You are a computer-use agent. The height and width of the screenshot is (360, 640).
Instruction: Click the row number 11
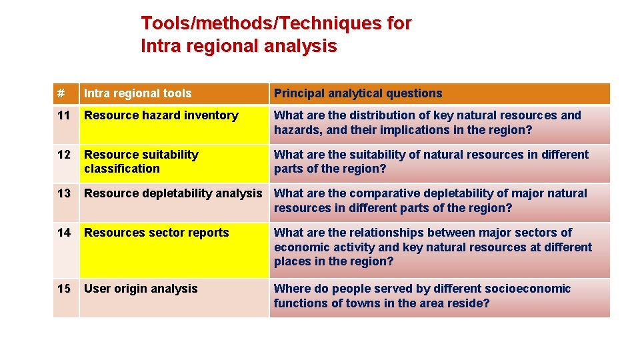tap(64, 115)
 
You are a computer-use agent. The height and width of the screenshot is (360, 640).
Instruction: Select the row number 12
tap(64, 155)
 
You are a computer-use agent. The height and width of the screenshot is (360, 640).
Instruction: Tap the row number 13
tap(64, 193)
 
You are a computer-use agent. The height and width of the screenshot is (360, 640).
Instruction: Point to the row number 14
tap(64, 233)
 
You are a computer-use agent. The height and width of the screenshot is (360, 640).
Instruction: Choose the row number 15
tap(64, 289)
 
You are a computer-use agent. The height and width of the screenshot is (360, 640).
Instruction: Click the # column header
tap(61, 93)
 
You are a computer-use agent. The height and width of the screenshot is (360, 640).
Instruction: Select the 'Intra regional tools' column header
tap(137, 93)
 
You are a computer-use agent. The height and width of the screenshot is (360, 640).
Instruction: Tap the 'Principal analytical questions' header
tap(358, 93)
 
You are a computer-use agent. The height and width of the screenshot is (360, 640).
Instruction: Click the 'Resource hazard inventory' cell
tap(161, 115)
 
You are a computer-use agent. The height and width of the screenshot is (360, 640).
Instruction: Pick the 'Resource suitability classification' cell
tap(141, 161)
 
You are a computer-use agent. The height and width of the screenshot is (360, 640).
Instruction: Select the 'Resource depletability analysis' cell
tap(173, 193)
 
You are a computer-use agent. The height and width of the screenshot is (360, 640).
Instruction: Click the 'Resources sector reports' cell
tap(156, 233)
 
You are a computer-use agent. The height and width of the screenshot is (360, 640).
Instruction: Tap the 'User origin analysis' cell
tap(141, 289)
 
